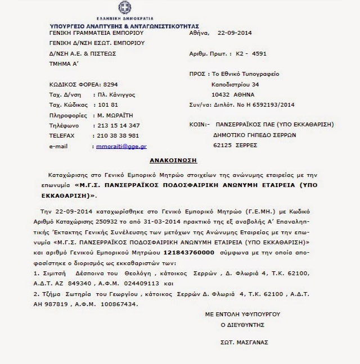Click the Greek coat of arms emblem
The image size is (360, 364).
point(124,8)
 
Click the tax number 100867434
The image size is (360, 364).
point(114,304)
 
